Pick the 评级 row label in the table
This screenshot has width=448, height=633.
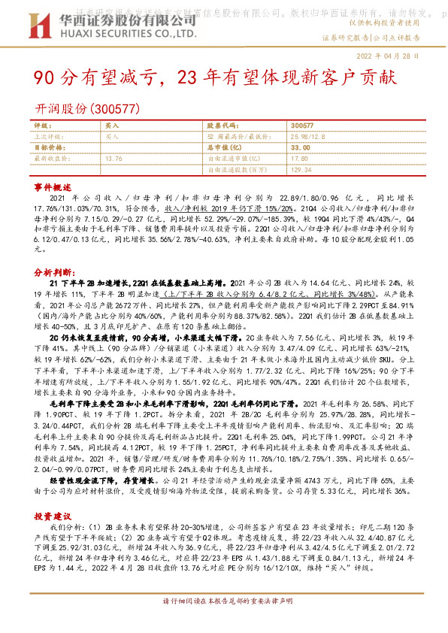pyautogui.click(x=42, y=126)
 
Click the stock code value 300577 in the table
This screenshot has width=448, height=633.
pyautogui.click(x=301, y=126)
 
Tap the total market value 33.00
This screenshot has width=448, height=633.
pyautogui.click(x=301, y=148)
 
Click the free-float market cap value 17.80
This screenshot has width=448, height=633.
pyautogui.click(x=299, y=159)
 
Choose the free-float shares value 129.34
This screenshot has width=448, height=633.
pyautogui.click(x=301, y=170)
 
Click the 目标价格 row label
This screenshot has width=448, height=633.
pyautogui.click(x=47, y=148)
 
